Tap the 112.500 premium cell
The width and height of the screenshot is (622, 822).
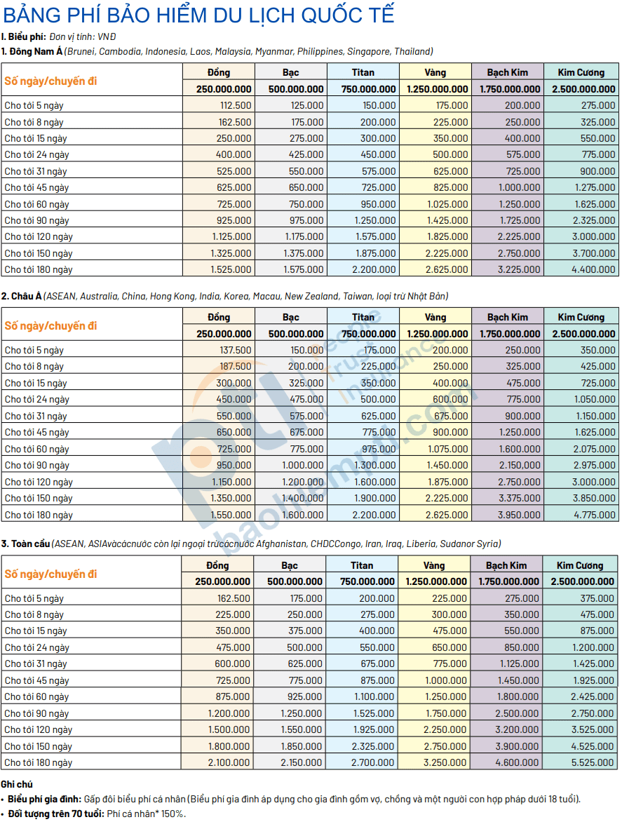pos(236,105)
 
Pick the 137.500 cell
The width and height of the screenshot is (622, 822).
pos(236,350)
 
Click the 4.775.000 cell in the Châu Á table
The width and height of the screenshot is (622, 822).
pos(594,515)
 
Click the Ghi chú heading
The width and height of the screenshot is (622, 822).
pos(17,784)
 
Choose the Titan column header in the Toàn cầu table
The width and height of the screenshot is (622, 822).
pos(362,565)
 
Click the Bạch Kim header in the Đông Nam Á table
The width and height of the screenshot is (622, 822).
pos(507,72)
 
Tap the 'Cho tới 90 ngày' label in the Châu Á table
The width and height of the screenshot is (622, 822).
pos(36,466)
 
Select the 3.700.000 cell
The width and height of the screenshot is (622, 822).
pos(594,253)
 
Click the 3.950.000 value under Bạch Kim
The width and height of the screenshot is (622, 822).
pos(519,515)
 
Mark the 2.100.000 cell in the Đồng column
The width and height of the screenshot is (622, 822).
pos(229,763)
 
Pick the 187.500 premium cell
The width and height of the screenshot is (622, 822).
pos(236,366)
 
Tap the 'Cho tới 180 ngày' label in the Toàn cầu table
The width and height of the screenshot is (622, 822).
pos(39,763)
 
